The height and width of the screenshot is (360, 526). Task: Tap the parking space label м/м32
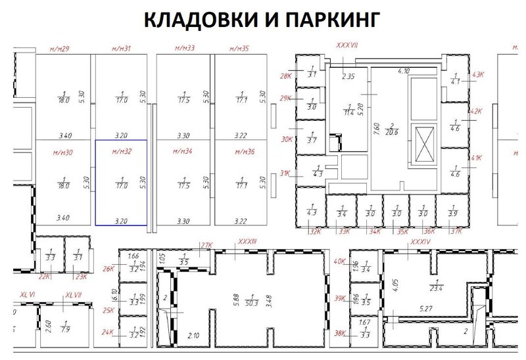122,152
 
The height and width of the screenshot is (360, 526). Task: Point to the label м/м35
239,49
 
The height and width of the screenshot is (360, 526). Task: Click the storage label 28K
285,76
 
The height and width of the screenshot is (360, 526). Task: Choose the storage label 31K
285,173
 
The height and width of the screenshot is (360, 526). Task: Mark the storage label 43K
477,75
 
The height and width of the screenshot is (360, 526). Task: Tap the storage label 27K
207,246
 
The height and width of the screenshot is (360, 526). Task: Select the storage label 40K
339,261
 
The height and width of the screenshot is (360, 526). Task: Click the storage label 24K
108,333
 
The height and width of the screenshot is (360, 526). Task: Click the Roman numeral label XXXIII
247,242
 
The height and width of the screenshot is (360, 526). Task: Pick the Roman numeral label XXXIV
420,242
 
